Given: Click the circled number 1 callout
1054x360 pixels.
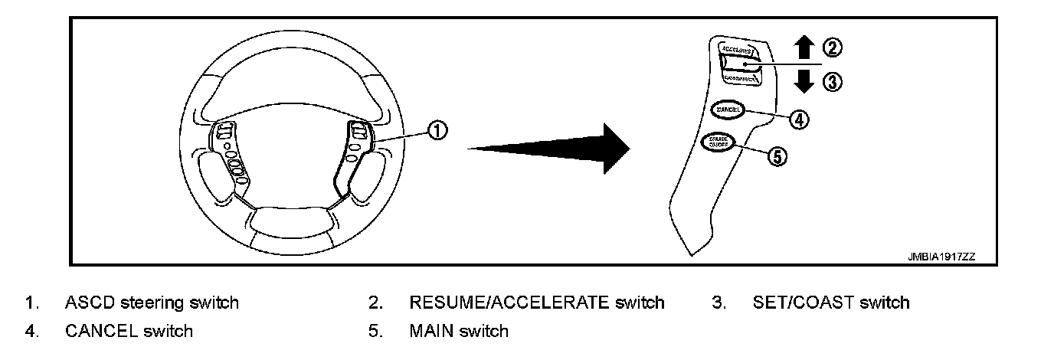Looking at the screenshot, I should [437, 131].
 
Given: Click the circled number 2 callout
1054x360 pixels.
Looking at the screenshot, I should [833, 48].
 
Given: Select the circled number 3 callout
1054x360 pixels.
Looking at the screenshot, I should [833, 81].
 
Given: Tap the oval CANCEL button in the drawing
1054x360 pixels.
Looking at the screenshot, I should [727, 110].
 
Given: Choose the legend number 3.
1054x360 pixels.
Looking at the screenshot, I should [718, 303].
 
